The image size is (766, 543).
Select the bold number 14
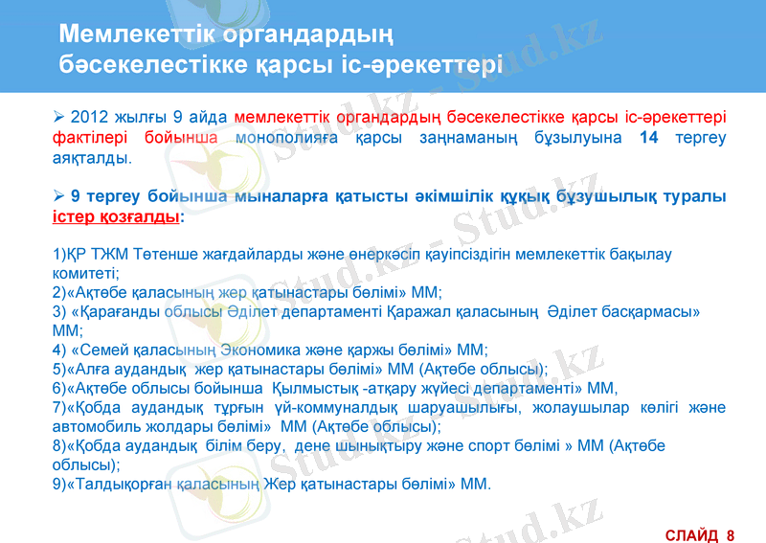[649, 138]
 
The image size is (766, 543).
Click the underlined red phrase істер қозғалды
[115, 216]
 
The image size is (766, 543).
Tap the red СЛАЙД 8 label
[699, 533]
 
